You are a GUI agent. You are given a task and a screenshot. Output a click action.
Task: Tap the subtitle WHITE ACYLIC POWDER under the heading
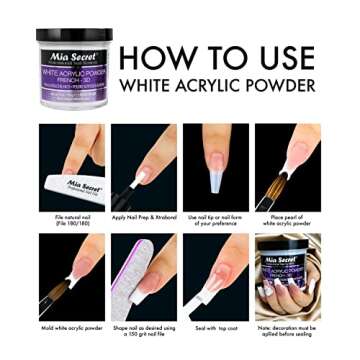click(231, 85)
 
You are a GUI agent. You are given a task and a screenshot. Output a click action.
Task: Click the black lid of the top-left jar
click(74, 37)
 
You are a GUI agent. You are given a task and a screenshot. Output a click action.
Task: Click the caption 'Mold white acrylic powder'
click(71, 328)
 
